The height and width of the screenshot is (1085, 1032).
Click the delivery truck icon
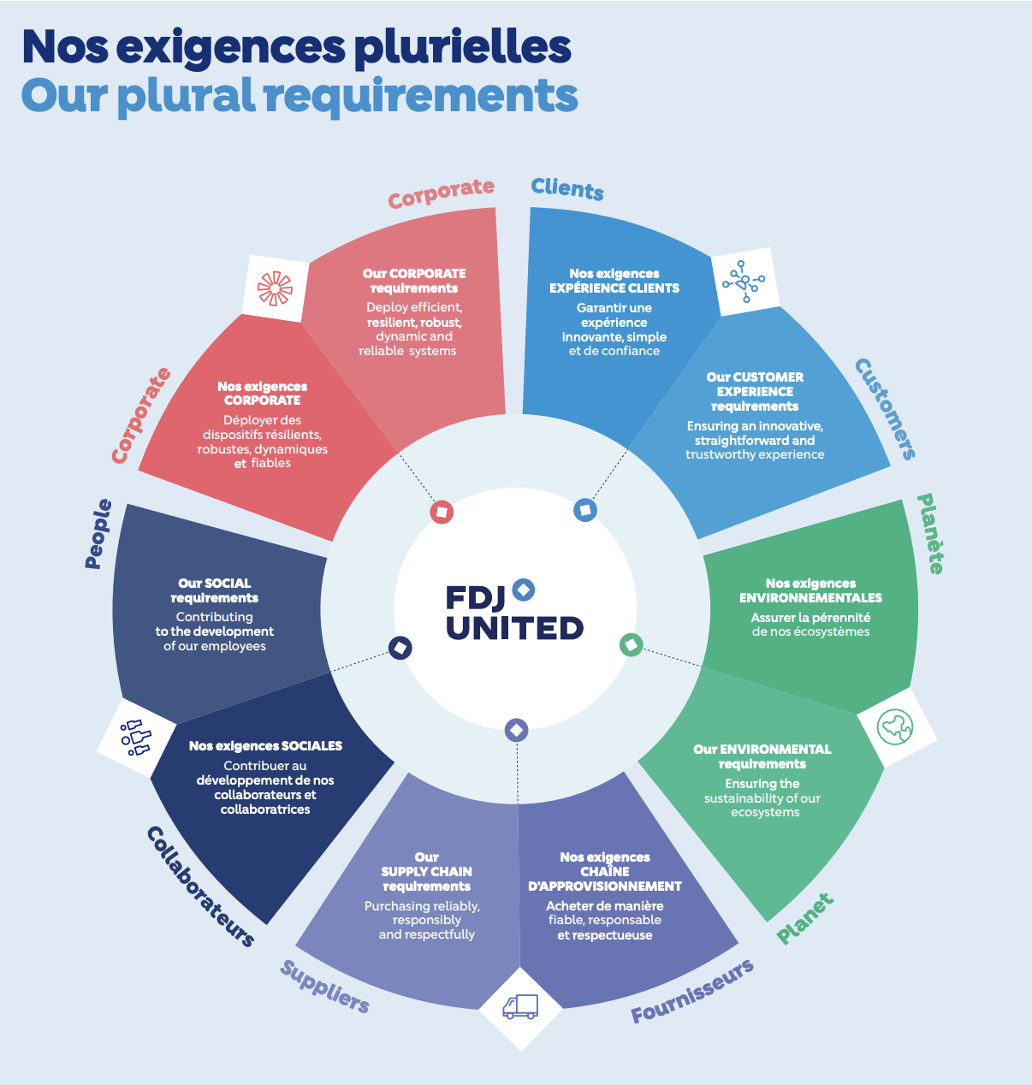(520, 1007)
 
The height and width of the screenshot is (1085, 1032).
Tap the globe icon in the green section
(895, 727)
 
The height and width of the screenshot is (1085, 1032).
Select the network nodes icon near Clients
(744, 281)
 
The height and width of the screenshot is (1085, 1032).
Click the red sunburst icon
(275, 288)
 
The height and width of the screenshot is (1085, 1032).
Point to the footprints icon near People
(134, 738)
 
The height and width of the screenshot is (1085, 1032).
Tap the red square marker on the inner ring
(442, 512)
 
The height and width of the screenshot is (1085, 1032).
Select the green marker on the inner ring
(631, 644)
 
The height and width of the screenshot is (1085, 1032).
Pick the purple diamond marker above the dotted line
(516, 730)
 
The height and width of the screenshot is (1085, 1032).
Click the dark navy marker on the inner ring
(400, 648)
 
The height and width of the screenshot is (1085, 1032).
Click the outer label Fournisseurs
(692, 992)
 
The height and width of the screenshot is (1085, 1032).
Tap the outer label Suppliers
(324, 987)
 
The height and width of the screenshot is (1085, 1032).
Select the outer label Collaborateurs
(200, 886)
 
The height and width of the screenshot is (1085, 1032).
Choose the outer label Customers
(886, 409)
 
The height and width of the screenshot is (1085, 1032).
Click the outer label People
(98, 534)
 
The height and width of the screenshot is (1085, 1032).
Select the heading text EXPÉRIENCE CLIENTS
(614, 288)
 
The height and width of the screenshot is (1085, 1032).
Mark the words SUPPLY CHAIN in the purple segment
(426, 872)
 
